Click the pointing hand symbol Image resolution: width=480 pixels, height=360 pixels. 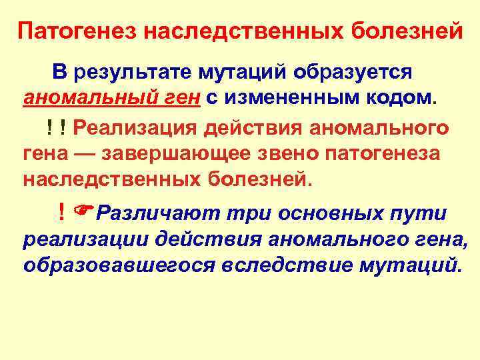tap(83, 213)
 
